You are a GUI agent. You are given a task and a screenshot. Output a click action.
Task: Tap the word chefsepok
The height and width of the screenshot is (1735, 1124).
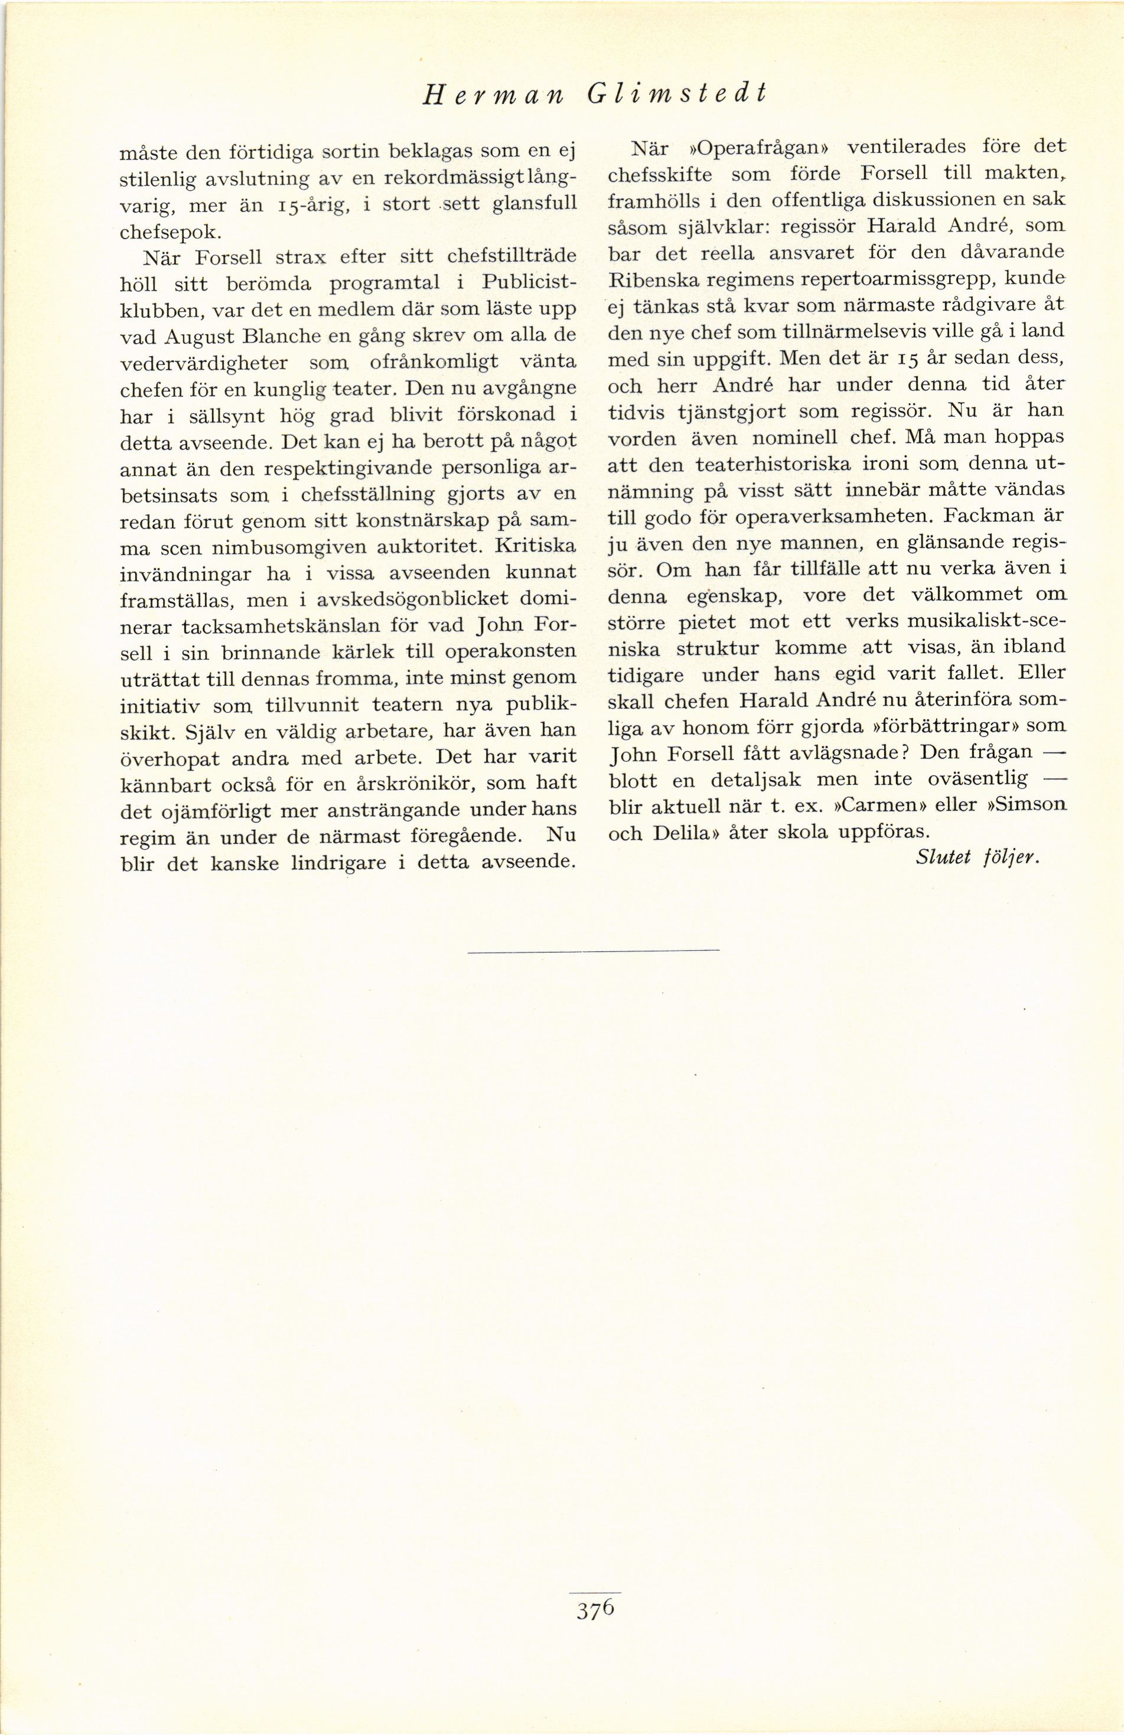(168, 232)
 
